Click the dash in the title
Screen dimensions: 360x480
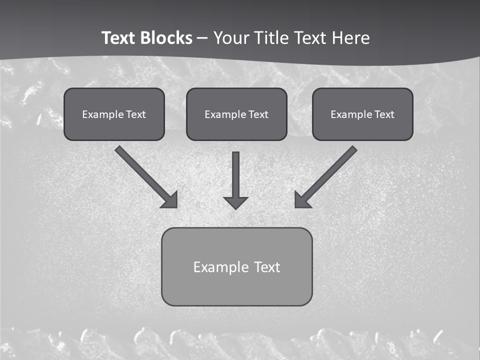(x=202, y=38)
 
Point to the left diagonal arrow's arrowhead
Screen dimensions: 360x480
(x=170, y=200)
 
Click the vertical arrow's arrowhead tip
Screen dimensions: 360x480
(x=235, y=208)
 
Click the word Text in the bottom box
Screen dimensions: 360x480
(x=267, y=267)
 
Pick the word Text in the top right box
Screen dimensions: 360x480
(x=384, y=114)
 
